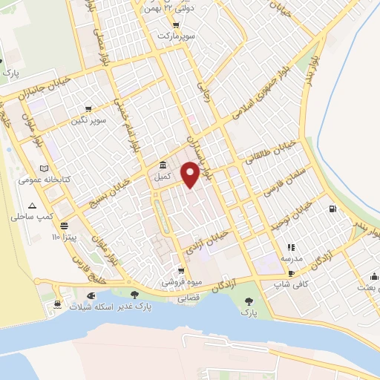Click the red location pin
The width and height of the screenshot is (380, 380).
191,174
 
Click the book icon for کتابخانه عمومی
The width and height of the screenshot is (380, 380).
44,168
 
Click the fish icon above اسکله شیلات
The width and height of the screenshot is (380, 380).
90,295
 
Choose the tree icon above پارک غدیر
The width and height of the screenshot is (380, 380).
134,295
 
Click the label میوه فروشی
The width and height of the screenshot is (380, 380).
182,282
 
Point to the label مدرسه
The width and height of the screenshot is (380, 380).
290,258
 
